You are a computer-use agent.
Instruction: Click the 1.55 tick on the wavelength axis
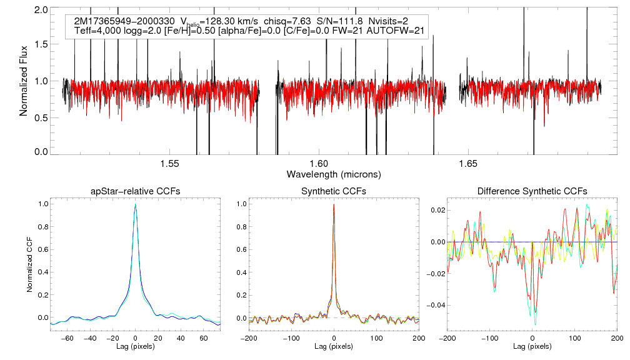pos(170,164)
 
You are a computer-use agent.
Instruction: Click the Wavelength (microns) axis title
pos(334,174)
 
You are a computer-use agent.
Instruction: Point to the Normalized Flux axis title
pos(23,81)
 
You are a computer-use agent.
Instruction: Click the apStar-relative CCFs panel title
pos(135,191)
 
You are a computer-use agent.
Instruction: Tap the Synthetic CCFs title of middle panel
pos(334,191)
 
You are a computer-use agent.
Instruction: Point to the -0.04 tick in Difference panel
pos(435,305)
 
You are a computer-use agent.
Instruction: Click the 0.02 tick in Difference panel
pos(437,210)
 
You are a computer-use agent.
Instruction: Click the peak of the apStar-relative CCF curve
pos(135,205)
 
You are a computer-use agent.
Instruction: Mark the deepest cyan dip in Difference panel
pos(536,325)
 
